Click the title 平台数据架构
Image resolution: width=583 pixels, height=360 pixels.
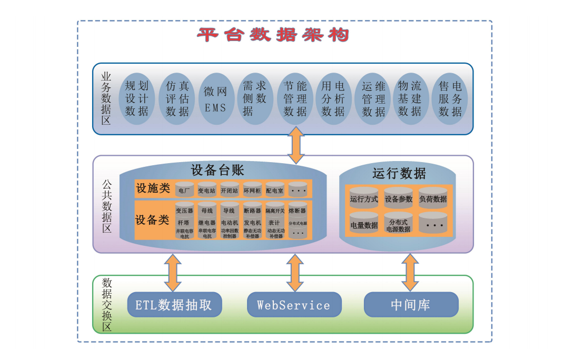click(273, 35)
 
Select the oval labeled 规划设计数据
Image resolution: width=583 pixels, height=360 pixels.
click(137, 98)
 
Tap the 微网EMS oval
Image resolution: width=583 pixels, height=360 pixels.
click(215, 98)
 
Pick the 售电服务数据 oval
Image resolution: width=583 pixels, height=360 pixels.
click(451, 98)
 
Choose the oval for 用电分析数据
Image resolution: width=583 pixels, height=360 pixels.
click(333, 98)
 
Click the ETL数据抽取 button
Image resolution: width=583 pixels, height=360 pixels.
click(174, 305)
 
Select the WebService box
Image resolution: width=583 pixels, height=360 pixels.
click(294, 305)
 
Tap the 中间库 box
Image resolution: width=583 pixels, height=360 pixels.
click(411, 305)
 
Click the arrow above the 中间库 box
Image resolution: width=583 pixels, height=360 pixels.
click(410, 272)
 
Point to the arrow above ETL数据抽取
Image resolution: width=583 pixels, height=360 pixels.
click(173, 273)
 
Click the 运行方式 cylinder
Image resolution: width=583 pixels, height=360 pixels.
click(364, 198)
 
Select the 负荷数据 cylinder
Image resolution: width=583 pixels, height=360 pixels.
click(433, 198)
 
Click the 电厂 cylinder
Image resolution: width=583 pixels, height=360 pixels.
click(184, 190)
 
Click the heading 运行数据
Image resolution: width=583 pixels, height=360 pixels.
click(399, 173)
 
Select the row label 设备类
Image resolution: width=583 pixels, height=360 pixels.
click(152, 220)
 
